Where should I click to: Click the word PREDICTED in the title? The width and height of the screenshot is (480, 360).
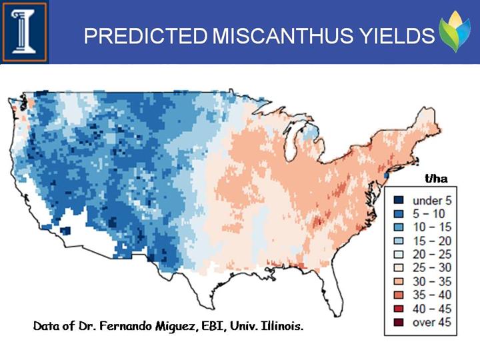(146, 35)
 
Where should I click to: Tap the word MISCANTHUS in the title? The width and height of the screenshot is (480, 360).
(282, 35)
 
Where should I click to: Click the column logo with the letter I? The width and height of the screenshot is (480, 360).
(24, 31)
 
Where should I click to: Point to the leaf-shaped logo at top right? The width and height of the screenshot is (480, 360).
(454, 31)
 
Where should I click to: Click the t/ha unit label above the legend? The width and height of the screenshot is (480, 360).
(436, 179)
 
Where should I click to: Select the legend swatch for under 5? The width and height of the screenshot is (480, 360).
(399, 201)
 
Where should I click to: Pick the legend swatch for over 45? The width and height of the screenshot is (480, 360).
(399, 323)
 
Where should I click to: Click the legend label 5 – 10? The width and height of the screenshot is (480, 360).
(429, 214)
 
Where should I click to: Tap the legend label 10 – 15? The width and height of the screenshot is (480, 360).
(432, 227)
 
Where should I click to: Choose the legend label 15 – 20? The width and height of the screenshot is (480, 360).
(432, 241)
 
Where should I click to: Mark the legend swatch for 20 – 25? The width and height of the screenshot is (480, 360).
(399, 255)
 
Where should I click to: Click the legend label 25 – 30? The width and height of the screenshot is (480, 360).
(432, 268)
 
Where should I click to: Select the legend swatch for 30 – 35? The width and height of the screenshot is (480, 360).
(399, 281)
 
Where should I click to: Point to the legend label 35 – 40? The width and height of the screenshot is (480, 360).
(432, 295)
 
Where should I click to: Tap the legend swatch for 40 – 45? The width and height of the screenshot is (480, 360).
(399, 309)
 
